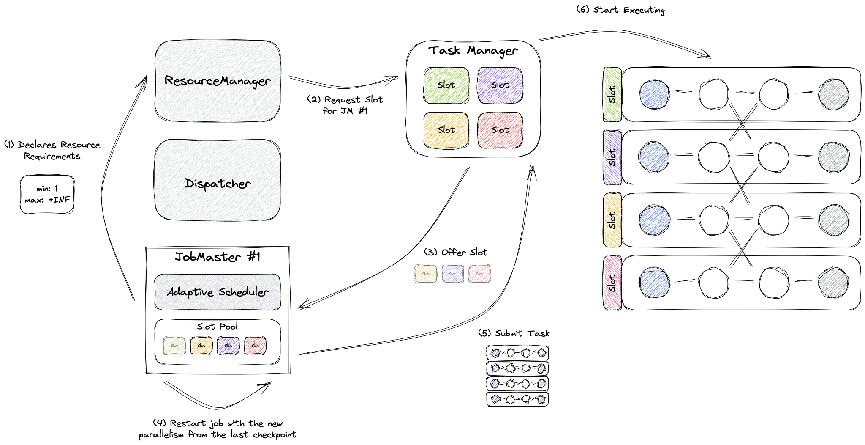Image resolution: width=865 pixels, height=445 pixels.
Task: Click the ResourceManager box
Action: (x=218, y=81)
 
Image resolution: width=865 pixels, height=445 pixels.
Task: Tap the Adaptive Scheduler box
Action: (x=218, y=292)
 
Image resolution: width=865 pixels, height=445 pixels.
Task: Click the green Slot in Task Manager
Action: (x=446, y=85)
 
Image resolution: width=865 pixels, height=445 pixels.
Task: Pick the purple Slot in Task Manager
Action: (x=500, y=85)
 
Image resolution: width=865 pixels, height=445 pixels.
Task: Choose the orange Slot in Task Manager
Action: (x=446, y=130)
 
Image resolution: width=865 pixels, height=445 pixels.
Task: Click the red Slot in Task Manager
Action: (x=500, y=130)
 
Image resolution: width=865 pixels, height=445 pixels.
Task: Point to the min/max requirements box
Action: (x=47, y=195)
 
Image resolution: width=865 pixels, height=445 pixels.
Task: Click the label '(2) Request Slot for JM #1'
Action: (x=345, y=105)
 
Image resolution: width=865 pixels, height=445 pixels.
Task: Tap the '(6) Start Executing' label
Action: (x=620, y=10)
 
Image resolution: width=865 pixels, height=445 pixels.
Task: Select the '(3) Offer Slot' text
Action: (x=456, y=253)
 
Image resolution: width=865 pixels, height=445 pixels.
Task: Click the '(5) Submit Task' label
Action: (x=514, y=333)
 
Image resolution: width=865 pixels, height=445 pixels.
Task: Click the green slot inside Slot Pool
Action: (x=174, y=346)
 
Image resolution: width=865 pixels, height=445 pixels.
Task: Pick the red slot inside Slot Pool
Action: (x=255, y=346)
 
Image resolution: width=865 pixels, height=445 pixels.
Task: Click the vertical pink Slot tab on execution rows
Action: (x=612, y=283)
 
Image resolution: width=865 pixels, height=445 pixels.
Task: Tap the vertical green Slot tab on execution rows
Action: (x=612, y=94)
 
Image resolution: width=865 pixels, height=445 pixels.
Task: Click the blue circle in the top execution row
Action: (x=655, y=94)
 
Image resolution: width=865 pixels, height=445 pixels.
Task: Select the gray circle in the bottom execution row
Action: (x=833, y=283)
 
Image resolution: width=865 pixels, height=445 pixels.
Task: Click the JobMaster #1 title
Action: (x=218, y=257)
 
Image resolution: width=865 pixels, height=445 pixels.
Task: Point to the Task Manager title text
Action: (x=473, y=51)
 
